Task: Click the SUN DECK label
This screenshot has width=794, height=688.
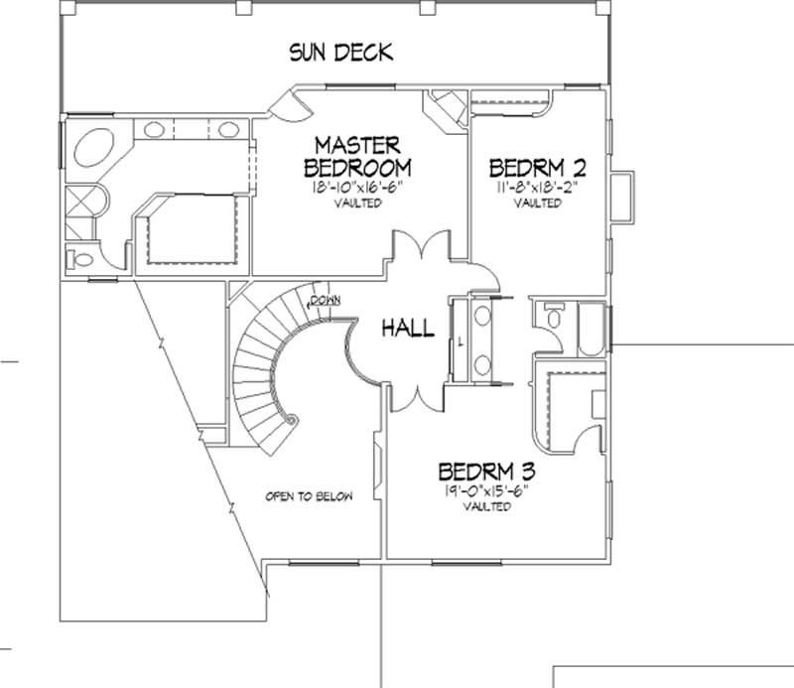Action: pyautogui.click(x=340, y=52)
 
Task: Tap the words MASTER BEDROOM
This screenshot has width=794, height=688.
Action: pyautogui.click(x=357, y=155)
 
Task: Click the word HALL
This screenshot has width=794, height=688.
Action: pyautogui.click(x=409, y=328)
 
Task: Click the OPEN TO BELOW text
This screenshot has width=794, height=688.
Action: pyautogui.click(x=308, y=496)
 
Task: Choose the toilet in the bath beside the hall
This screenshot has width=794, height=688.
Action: pyautogui.click(x=549, y=318)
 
